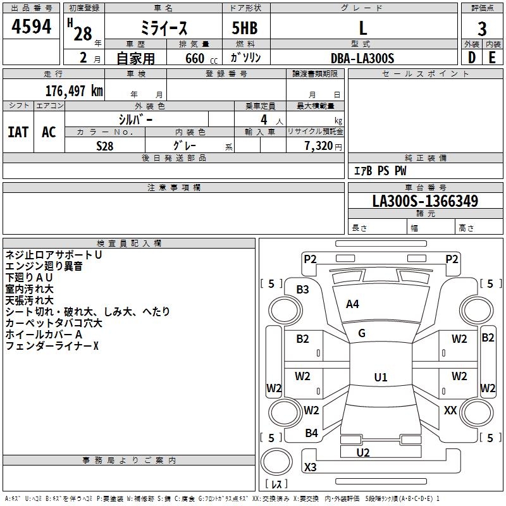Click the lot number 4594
pyautogui.click(x=32, y=28)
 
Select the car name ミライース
pyautogui.click(x=163, y=29)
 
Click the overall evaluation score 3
pyautogui.click(x=482, y=29)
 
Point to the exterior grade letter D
pyautogui.click(x=472, y=58)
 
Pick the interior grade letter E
pyautogui.click(x=492, y=58)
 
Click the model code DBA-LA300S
pyautogui.click(x=362, y=58)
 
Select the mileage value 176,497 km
pyautogui.click(x=74, y=90)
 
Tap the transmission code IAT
pyautogui.click(x=18, y=132)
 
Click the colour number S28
pyautogui.click(x=105, y=145)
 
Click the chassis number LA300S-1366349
pyautogui.click(x=425, y=202)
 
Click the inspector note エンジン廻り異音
pyautogui.click(x=44, y=266)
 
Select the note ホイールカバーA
pyautogui.click(x=44, y=335)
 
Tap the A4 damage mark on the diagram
pyautogui.click(x=352, y=304)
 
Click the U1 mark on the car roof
pyautogui.click(x=380, y=378)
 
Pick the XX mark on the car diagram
pyautogui.click(x=450, y=410)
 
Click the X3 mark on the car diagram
pyautogui.click(x=311, y=467)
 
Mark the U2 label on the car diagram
pyautogui.click(x=363, y=452)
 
